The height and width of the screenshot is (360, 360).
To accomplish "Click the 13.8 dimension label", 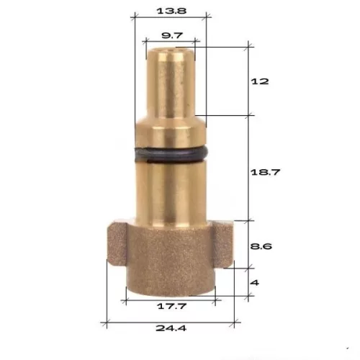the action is point(171,11).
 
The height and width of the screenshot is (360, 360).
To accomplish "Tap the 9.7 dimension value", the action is point(172,35).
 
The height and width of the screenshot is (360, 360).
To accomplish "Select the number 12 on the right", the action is point(260,81).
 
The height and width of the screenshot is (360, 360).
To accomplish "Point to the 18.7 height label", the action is point(265,172).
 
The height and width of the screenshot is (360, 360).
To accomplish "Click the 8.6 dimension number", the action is point(261,246).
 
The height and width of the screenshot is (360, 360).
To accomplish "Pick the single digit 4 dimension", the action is point(255,282).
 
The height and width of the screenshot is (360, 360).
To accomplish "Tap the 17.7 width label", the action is point(171,306).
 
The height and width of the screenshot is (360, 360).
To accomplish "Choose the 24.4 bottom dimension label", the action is point(171,328).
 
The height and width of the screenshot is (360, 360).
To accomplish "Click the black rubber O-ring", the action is point(171,154).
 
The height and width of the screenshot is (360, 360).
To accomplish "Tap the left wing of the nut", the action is point(117,244).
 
